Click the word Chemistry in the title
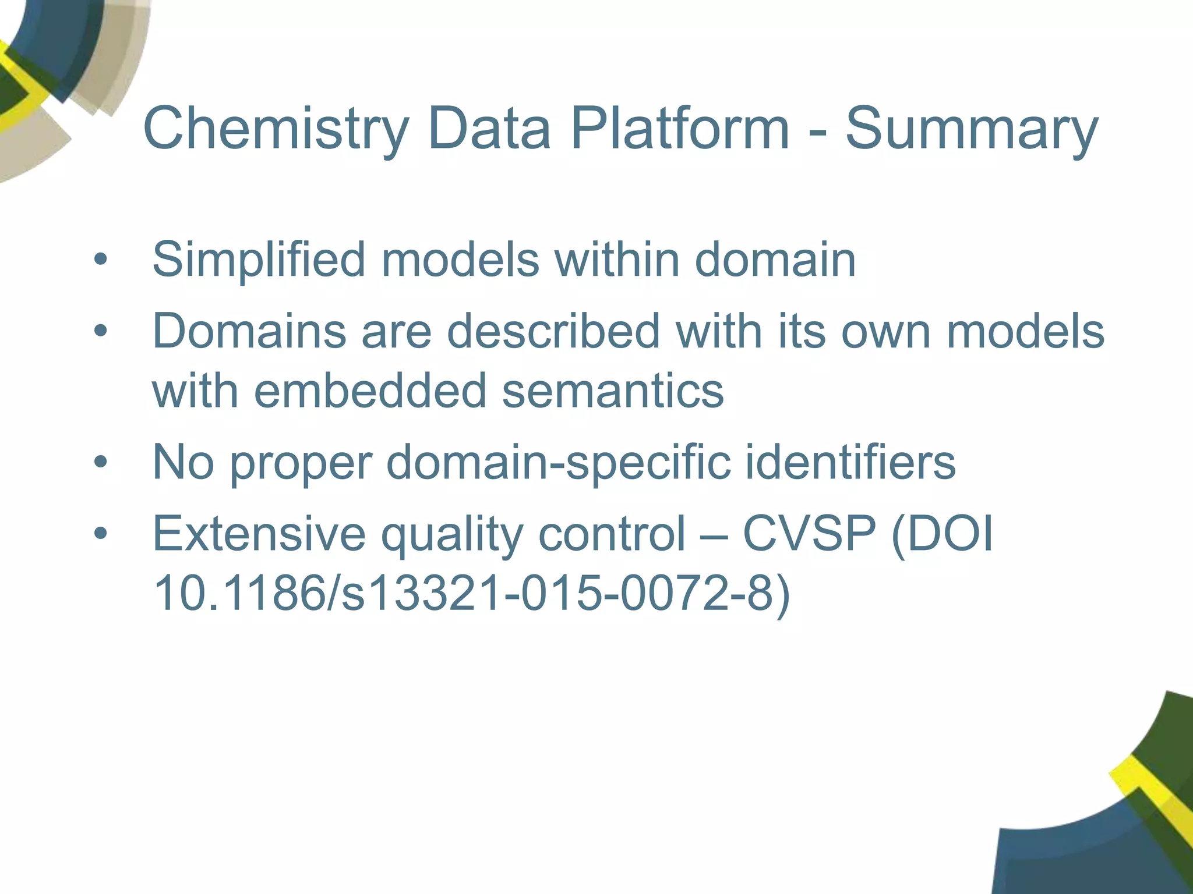click(x=276, y=129)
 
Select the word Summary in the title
click(x=971, y=129)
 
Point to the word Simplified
click(x=259, y=260)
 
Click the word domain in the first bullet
click(x=775, y=260)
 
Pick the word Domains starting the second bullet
click(x=249, y=332)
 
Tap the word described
click(x=553, y=332)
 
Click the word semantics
click(x=613, y=391)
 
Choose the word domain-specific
click(x=558, y=462)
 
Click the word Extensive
click(x=259, y=534)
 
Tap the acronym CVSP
click(x=809, y=534)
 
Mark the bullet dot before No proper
click(x=101, y=462)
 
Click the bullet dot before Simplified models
click(x=101, y=260)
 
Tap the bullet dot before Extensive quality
click(x=101, y=534)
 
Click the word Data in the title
click(x=489, y=129)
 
